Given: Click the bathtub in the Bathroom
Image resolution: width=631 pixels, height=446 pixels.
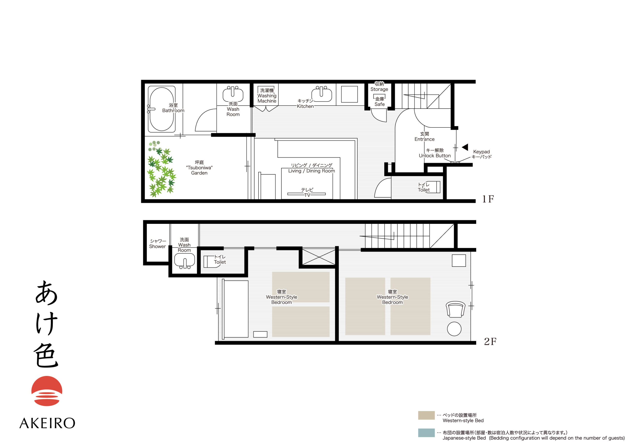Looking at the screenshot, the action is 162,109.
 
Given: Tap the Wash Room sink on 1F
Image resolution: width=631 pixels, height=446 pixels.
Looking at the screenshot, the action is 233,94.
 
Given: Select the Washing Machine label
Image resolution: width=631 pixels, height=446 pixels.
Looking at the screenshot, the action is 267,96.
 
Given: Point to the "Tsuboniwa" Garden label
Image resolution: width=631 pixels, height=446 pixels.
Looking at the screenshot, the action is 199,168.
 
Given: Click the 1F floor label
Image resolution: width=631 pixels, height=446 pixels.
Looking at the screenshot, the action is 488,199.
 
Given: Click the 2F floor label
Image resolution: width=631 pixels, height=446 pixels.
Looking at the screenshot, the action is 490,341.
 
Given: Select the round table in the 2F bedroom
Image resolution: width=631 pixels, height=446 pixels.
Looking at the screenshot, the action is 454,329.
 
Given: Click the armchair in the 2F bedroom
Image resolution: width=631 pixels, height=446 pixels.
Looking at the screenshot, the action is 456,309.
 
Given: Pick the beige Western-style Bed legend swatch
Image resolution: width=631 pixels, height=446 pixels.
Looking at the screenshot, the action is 426,415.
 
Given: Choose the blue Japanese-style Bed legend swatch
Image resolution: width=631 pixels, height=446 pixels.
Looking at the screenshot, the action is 426,432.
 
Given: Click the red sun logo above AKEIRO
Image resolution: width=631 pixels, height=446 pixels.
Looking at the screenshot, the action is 47,391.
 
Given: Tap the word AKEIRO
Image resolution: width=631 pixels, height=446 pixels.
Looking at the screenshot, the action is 47,423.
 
